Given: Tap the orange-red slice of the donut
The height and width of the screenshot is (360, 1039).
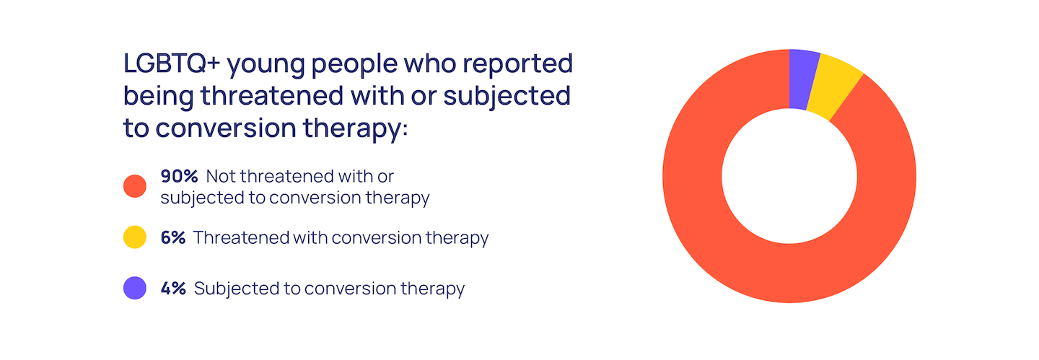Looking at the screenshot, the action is click(789, 273).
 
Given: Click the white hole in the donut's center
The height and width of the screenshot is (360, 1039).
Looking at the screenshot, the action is click(789, 176).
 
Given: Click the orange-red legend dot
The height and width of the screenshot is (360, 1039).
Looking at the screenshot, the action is click(135, 186).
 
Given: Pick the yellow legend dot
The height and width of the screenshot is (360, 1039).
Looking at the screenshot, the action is click(135, 237).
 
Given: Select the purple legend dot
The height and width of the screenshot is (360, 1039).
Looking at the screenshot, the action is click(135, 288).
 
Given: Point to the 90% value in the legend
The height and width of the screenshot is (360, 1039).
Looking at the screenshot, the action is click(179, 176).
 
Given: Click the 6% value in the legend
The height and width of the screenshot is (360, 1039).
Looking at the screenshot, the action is click(173, 237).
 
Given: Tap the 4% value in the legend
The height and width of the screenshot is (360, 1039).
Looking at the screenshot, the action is click(173, 289).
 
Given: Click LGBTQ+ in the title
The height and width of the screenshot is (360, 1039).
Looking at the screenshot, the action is click(172, 63).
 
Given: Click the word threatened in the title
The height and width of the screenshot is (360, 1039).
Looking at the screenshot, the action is click(272, 96).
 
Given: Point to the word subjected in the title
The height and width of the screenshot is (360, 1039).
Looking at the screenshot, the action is click(507, 97).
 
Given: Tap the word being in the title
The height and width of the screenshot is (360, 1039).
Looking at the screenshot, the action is click(158, 97).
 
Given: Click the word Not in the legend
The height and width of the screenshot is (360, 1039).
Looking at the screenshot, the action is click(220, 176).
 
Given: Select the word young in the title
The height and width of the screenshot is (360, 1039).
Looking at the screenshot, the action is click(266, 66).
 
